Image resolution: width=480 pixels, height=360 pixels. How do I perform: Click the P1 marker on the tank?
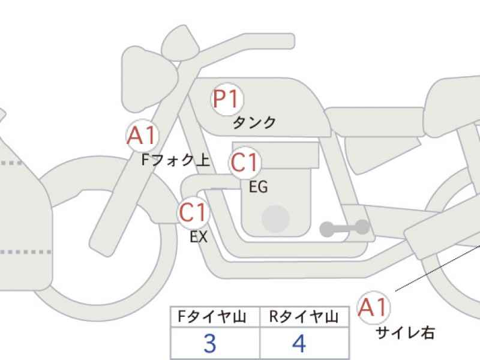[x=227, y=99]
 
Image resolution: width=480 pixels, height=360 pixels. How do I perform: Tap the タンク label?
[x=254, y=123]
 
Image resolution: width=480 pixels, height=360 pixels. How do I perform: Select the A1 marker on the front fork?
[x=142, y=136]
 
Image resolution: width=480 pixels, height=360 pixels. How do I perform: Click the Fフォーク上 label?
[x=176, y=160]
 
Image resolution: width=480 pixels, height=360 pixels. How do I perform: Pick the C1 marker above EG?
[x=245, y=163]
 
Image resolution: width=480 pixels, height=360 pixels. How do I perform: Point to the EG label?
[x=259, y=187]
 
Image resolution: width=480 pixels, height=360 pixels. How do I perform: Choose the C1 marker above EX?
[x=193, y=212]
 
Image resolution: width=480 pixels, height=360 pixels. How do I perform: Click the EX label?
[x=199, y=236]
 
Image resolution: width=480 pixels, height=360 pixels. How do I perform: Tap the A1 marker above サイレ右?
[x=373, y=307]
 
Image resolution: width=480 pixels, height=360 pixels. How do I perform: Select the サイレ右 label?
[x=404, y=333]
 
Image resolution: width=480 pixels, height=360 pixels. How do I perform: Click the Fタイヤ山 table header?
[x=212, y=317]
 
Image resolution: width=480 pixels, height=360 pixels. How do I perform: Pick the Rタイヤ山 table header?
[x=304, y=317]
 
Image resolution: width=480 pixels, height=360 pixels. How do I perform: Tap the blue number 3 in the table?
[x=210, y=343]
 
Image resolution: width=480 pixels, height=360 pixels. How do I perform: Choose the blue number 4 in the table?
[x=299, y=343]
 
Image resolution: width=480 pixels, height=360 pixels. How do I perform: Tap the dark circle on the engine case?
[x=275, y=218]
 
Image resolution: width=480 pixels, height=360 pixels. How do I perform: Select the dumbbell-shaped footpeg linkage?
[x=344, y=228]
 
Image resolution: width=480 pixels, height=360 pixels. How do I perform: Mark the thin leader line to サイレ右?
[x=437, y=267]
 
